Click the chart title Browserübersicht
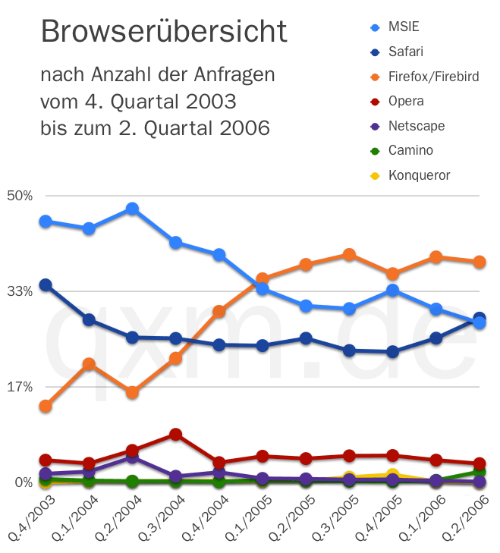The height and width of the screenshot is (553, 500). pos(163,32)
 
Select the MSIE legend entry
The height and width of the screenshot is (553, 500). pos(403,27)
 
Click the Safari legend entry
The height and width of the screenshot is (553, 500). pos(405,52)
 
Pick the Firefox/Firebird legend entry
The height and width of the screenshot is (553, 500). pos(433,77)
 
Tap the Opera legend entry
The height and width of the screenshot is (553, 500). pos(406,101)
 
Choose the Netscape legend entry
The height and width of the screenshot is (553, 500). pos(416,126)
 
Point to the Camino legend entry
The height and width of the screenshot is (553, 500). pos(410,150)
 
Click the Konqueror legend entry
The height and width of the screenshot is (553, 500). pos(419,175)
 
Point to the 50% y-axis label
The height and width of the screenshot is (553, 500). pos(20,195)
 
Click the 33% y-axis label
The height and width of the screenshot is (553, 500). pos(20,291)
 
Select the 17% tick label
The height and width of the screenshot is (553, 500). pos(20,386)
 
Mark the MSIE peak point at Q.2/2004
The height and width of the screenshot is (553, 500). pos(132,209)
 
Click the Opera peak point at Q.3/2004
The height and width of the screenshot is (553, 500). pos(176,435)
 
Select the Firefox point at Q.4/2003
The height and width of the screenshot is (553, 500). pos(46,407)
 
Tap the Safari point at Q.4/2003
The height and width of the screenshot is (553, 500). pos(46,285)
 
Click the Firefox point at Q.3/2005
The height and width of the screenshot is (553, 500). pos(349,255)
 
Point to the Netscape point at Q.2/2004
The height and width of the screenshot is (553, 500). pos(132,457)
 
